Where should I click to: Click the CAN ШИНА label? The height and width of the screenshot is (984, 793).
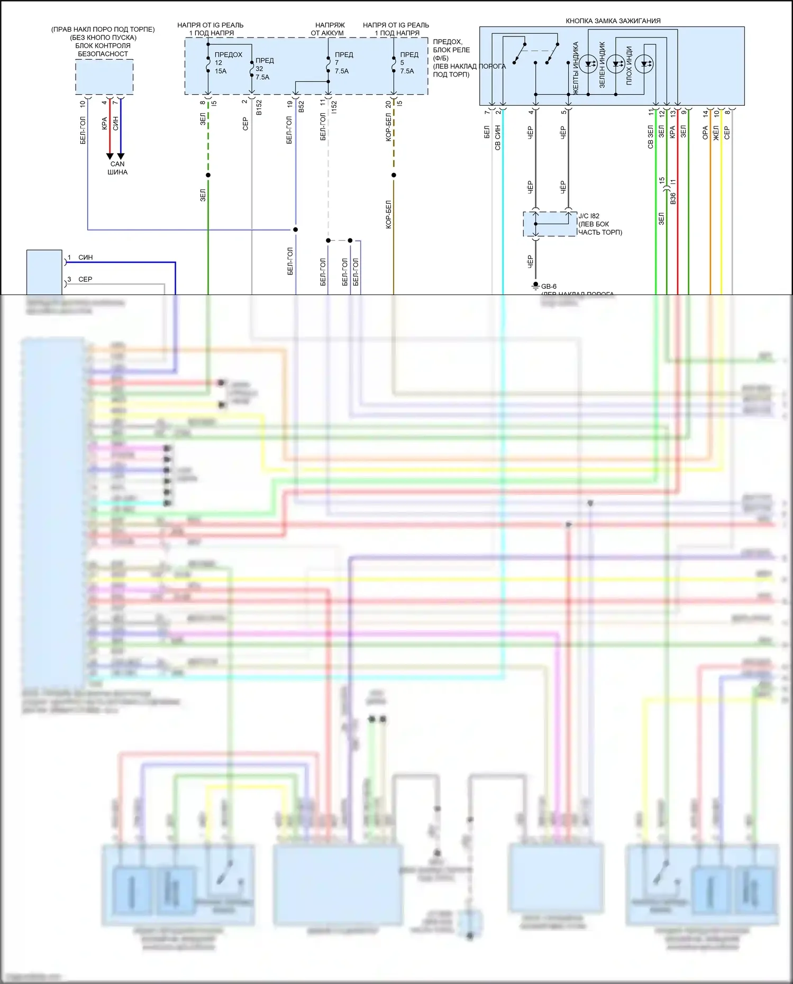click(117, 168)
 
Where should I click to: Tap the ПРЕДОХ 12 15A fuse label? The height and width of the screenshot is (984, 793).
click(228, 62)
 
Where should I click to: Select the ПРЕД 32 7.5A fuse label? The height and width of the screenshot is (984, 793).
click(264, 69)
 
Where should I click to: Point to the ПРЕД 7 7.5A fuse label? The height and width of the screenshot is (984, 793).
click(343, 62)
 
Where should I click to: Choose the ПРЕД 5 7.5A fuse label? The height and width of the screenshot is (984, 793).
click(409, 62)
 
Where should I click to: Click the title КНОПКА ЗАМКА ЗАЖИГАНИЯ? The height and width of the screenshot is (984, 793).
click(613, 21)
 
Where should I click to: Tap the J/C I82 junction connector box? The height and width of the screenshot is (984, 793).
click(550, 224)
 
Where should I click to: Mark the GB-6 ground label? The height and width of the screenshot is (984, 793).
click(548, 287)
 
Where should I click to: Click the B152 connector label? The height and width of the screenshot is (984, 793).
click(259, 107)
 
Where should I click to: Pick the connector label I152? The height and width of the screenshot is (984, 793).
click(334, 107)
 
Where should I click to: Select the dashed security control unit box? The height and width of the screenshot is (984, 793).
click(104, 77)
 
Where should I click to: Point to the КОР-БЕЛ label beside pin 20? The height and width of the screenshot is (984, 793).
click(388, 127)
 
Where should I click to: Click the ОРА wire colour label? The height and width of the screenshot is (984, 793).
click(705, 133)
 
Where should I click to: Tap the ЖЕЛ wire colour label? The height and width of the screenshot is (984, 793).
click(716, 133)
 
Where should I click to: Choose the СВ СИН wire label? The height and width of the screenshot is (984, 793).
click(498, 137)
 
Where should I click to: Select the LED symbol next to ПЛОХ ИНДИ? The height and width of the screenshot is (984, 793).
click(644, 65)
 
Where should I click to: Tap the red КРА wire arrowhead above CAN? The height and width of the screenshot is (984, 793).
click(110, 156)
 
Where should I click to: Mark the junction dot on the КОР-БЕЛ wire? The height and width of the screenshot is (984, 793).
click(394, 175)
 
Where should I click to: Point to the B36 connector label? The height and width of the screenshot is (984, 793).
click(673, 199)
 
